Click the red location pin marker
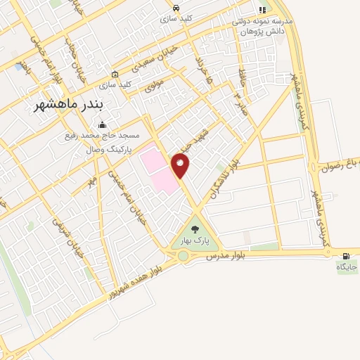click(180, 165)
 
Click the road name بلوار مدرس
click(224, 257)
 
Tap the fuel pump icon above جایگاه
click(345, 255)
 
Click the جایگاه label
click(347, 267)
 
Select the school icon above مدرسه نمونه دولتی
click(262, 10)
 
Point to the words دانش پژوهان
click(255, 31)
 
